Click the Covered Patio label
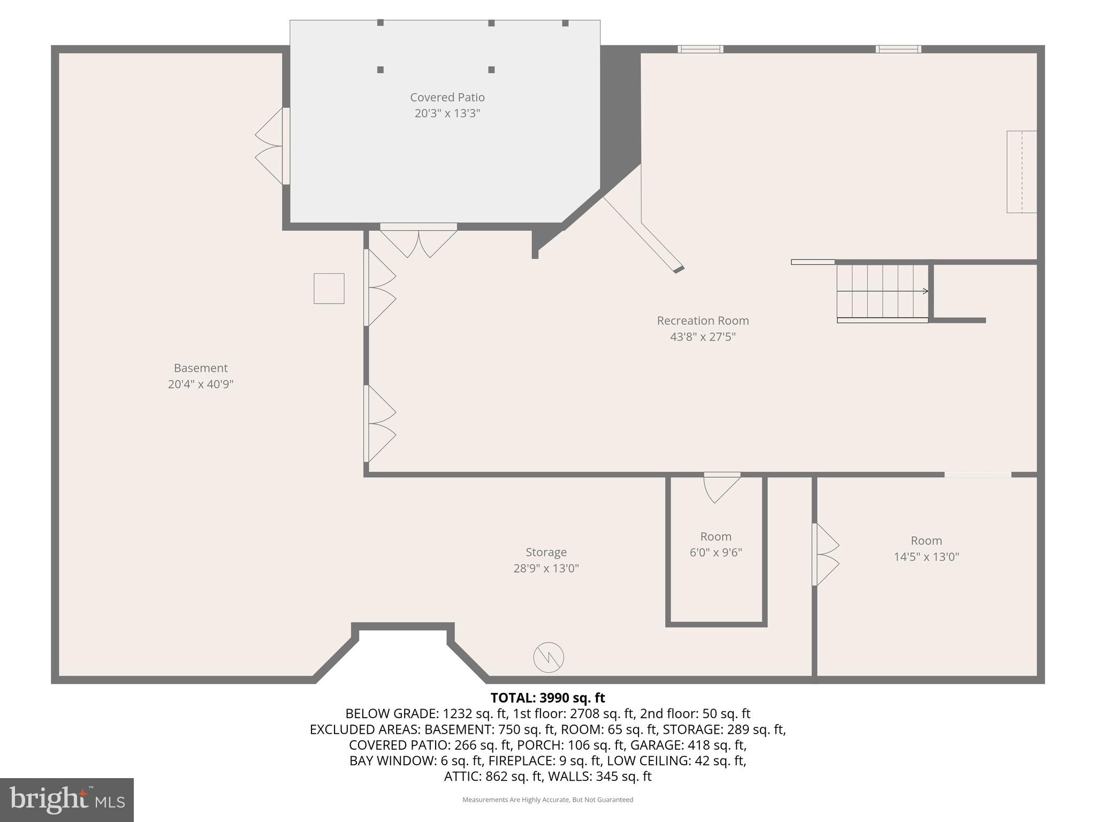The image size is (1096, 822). click(447, 97)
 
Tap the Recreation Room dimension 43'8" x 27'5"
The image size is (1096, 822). click(703, 337)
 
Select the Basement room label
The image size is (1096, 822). click(201, 368)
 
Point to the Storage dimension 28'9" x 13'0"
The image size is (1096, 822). click(546, 568)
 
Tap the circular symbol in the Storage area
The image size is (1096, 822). click(549, 657)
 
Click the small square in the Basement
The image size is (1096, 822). click(329, 288)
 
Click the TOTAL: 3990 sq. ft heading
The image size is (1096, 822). click(547, 698)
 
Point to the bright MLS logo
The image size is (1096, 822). click(66, 800)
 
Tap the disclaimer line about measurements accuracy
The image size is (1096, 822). click(547, 800)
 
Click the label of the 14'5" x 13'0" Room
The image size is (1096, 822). click(926, 541)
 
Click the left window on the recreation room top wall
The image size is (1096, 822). click(701, 49)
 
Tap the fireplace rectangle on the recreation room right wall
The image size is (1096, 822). click(1021, 172)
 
